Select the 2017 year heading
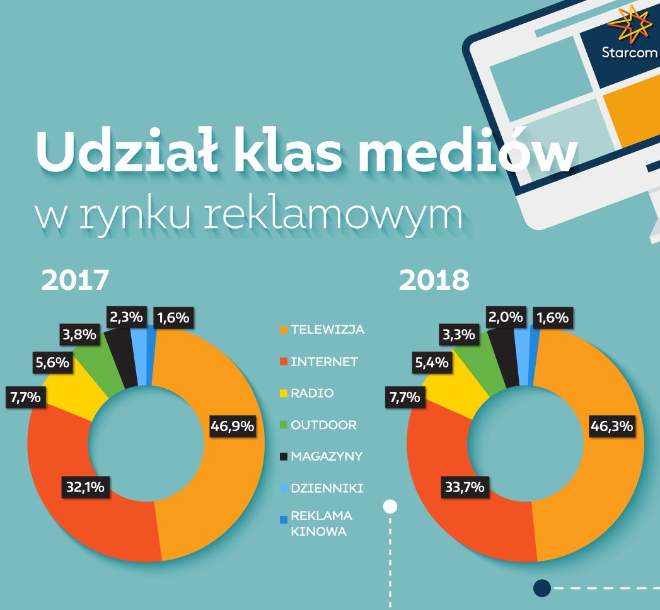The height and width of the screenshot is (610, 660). pos(75,280)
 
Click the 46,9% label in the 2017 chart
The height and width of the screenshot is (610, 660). pos(232,427)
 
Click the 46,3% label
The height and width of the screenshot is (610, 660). pos(611,427)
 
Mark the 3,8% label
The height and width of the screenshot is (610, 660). pos(80,335)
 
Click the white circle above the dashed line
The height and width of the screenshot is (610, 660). pos(390,506)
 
